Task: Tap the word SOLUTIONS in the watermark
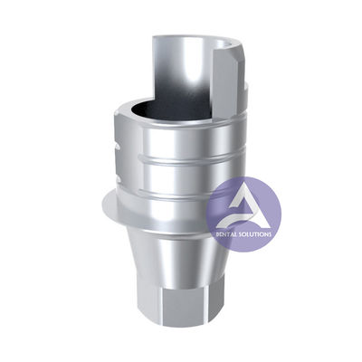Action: pyautogui.click(x=255, y=234)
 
